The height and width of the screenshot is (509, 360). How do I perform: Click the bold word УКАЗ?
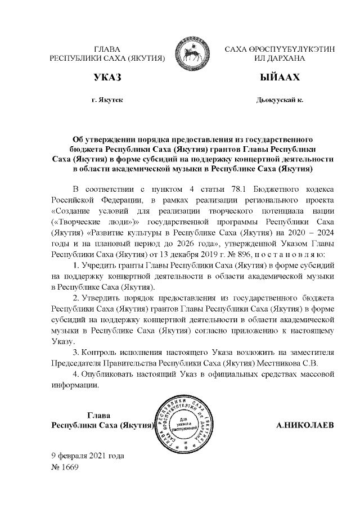pyautogui.click(x=107, y=76)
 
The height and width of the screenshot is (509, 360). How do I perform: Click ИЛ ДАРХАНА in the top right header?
pyautogui.click(x=280, y=58)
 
